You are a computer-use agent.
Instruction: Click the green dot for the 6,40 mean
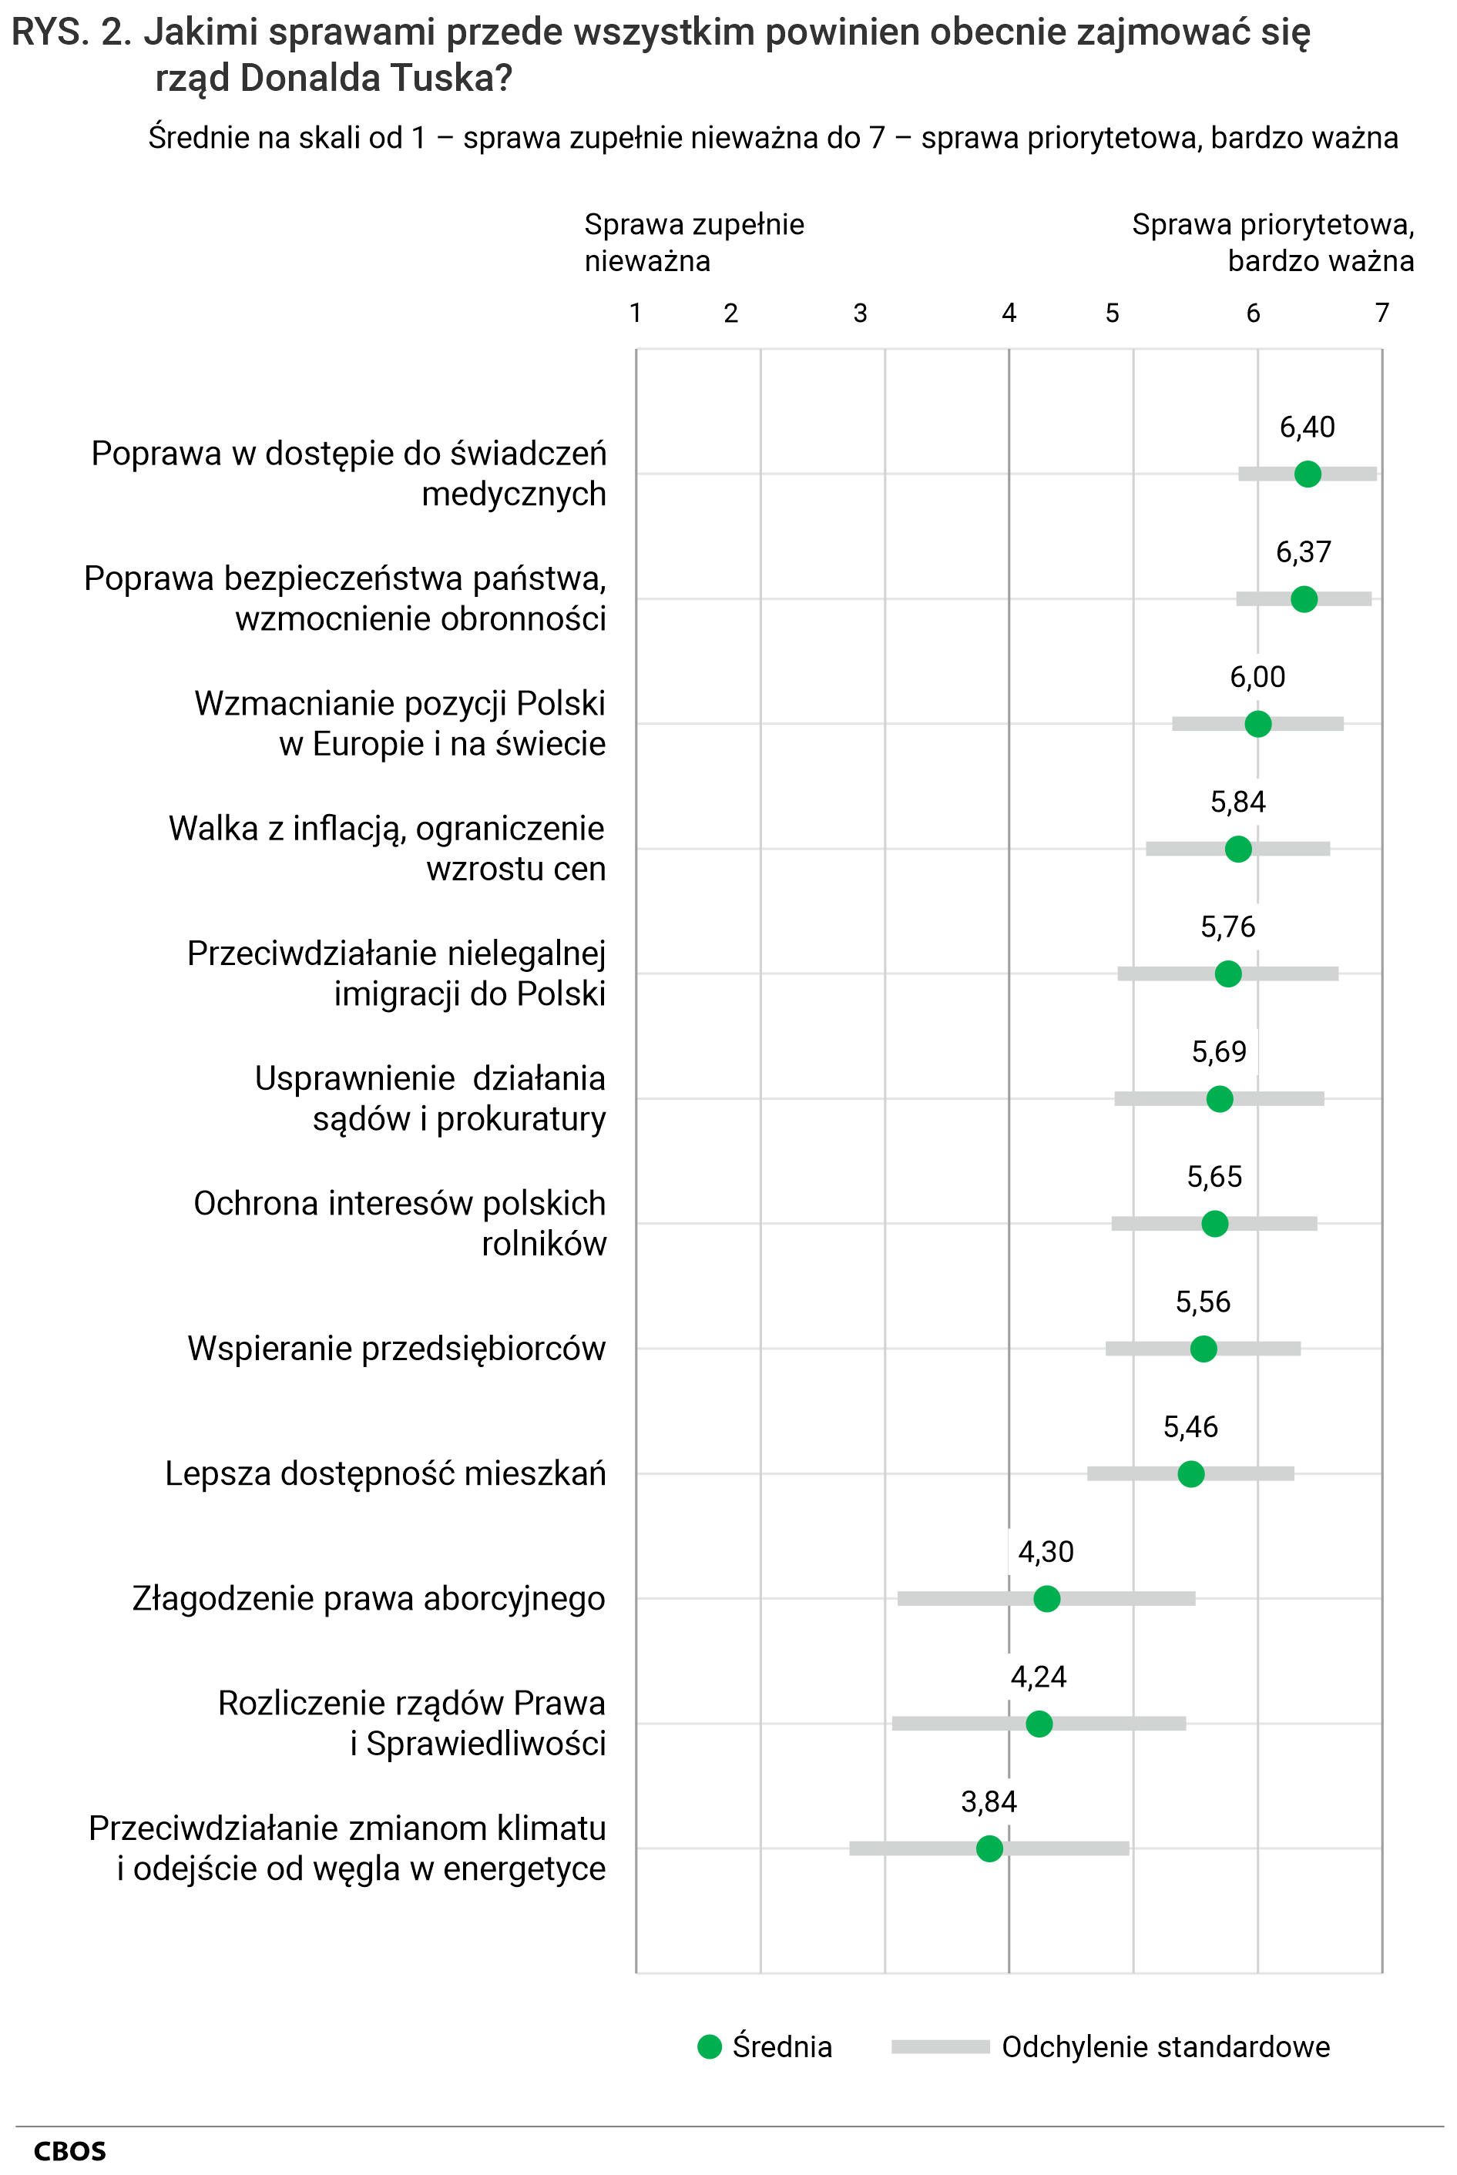[x=1308, y=474]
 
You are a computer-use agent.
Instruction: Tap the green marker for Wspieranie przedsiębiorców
[x=1204, y=1349]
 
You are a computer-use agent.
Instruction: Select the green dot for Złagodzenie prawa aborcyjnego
[x=1046, y=1598]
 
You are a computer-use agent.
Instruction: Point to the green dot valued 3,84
[x=989, y=1848]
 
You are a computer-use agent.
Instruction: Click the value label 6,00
[x=1257, y=677]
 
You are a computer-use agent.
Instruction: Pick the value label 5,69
[x=1219, y=1051]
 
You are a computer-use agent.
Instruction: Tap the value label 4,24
[x=1038, y=1676]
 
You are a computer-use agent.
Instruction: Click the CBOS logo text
[x=69, y=2152]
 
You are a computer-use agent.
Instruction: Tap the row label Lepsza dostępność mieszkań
[x=384, y=1474]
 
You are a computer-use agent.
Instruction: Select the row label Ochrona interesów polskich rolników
[x=400, y=1223]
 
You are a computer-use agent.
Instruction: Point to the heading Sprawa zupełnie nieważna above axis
[x=694, y=243]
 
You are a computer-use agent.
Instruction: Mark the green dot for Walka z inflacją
[x=1237, y=849]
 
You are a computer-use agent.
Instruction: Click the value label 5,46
[x=1190, y=1426]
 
